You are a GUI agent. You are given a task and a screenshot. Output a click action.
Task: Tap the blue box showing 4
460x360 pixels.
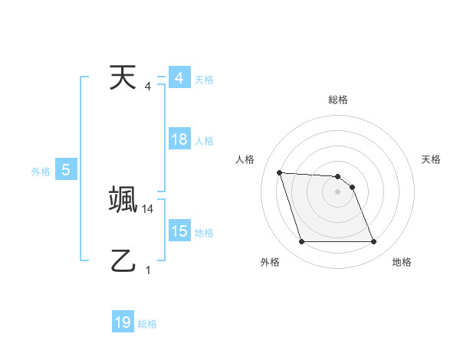[179, 78]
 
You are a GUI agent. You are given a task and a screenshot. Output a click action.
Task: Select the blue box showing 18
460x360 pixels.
[179, 139]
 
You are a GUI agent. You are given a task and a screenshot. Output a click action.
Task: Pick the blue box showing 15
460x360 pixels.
[179, 231]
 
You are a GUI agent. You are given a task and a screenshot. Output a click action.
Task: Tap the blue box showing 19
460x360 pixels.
[123, 323]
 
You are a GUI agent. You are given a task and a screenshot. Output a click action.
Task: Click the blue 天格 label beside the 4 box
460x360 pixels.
[204, 79]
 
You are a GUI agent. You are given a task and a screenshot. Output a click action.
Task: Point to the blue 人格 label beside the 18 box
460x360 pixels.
[204, 140]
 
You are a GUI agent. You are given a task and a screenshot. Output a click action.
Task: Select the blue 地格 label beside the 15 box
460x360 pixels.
[204, 232]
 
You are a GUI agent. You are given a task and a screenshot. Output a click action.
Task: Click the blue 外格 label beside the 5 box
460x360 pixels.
[41, 172]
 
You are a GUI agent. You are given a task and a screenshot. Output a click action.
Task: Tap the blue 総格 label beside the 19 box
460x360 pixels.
[147, 324]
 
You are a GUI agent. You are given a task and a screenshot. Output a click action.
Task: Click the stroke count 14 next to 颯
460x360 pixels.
[148, 208]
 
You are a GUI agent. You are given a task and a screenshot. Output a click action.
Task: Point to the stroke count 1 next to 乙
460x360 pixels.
[148, 270]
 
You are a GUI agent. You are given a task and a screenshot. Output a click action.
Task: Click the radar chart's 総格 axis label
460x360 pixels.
[338, 100]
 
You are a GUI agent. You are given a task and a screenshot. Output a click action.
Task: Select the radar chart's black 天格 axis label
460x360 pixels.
[432, 159]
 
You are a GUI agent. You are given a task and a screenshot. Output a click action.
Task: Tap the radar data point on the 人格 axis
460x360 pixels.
[280, 172]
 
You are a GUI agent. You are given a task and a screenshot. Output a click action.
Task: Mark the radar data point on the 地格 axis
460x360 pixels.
[373, 242]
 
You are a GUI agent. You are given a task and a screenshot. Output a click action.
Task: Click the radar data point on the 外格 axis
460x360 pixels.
[301, 242]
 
